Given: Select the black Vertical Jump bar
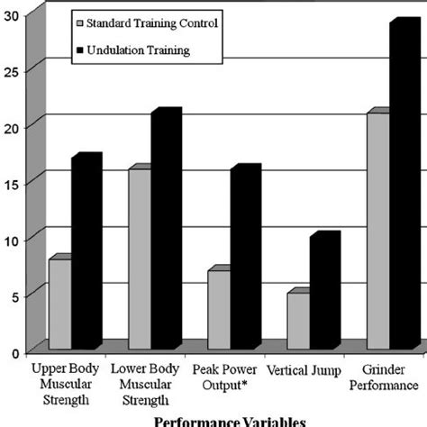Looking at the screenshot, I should tap(323, 292).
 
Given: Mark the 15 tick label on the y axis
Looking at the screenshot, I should tap(12, 182).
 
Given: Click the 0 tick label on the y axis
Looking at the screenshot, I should tap(16, 352).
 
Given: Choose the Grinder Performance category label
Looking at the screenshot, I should tap(388, 377).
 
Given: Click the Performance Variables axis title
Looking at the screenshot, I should tap(229, 420).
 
